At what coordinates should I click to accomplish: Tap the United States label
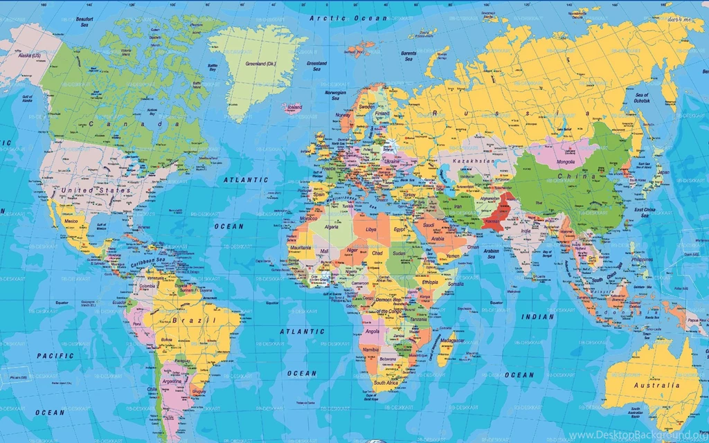(x=96, y=190)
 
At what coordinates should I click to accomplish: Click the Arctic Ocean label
(x=339, y=17)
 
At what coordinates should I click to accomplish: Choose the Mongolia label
(x=566, y=162)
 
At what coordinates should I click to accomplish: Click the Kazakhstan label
(x=474, y=161)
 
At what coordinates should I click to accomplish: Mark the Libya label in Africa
(x=372, y=229)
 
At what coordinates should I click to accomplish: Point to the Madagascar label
(x=451, y=341)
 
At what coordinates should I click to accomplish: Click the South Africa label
(x=386, y=382)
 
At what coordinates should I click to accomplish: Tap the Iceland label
(x=294, y=107)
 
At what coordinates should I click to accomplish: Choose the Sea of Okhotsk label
(x=641, y=98)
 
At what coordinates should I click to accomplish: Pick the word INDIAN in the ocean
(x=538, y=317)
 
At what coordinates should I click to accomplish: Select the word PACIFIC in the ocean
(x=55, y=356)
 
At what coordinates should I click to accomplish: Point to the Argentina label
(x=172, y=381)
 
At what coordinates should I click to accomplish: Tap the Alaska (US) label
(x=29, y=55)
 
